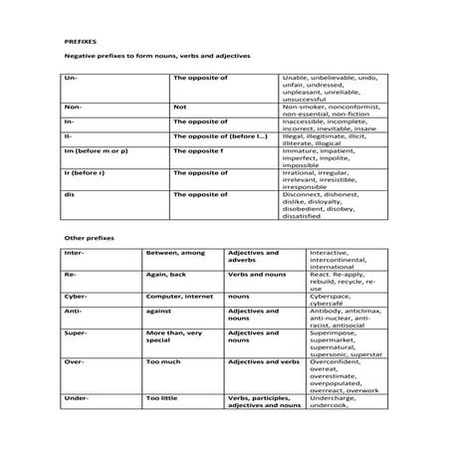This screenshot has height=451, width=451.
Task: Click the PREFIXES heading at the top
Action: (80, 43)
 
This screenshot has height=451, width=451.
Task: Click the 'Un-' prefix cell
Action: (70, 77)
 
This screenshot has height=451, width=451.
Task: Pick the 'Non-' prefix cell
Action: (72, 105)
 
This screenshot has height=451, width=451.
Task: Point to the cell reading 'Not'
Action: (179, 105)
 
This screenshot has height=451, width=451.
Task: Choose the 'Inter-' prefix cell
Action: (75, 253)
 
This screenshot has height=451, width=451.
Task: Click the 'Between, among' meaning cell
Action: (174, 253)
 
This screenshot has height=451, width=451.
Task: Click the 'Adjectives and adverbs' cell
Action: (253, 257)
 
